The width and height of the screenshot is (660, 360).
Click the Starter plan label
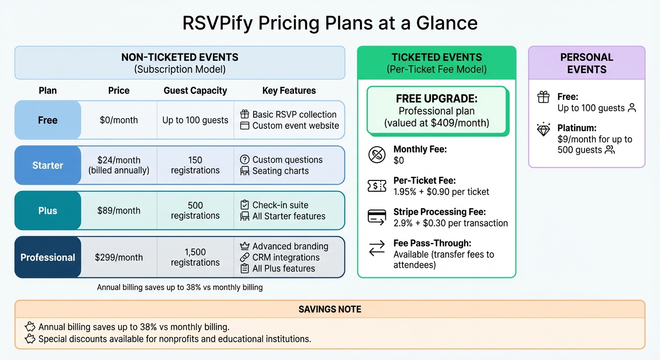[47, 165]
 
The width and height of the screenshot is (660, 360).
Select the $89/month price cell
[119, 210]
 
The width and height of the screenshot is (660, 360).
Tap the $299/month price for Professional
[119, 257]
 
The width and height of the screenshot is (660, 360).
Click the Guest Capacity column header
[195, 90]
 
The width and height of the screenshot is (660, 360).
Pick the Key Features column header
[289, 90]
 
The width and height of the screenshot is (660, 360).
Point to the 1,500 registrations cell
[195, 257]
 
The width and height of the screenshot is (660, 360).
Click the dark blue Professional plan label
[47, 257]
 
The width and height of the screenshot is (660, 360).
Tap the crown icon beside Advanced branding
[244, 246]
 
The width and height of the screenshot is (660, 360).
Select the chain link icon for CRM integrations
[244, 257]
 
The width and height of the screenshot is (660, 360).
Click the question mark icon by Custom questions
[244, 159]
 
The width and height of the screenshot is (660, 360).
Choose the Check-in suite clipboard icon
[244, 205]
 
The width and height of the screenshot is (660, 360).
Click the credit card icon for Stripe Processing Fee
[377, 217]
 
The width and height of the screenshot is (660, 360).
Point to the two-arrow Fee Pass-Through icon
[377, 249]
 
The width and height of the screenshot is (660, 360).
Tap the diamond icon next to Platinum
[543, 130]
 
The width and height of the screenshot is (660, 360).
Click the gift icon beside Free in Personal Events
[543, 97]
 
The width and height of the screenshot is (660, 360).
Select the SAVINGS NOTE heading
[330, 309]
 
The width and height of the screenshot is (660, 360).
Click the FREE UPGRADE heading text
[436, 99]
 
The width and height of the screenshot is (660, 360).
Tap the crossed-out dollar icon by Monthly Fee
[377, 155]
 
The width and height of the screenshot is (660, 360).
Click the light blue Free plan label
[47, 120]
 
